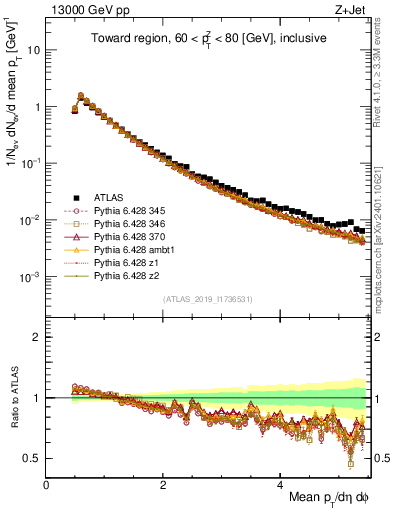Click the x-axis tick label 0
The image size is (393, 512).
pos(47,485)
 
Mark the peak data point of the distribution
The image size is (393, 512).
pos(81,96)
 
